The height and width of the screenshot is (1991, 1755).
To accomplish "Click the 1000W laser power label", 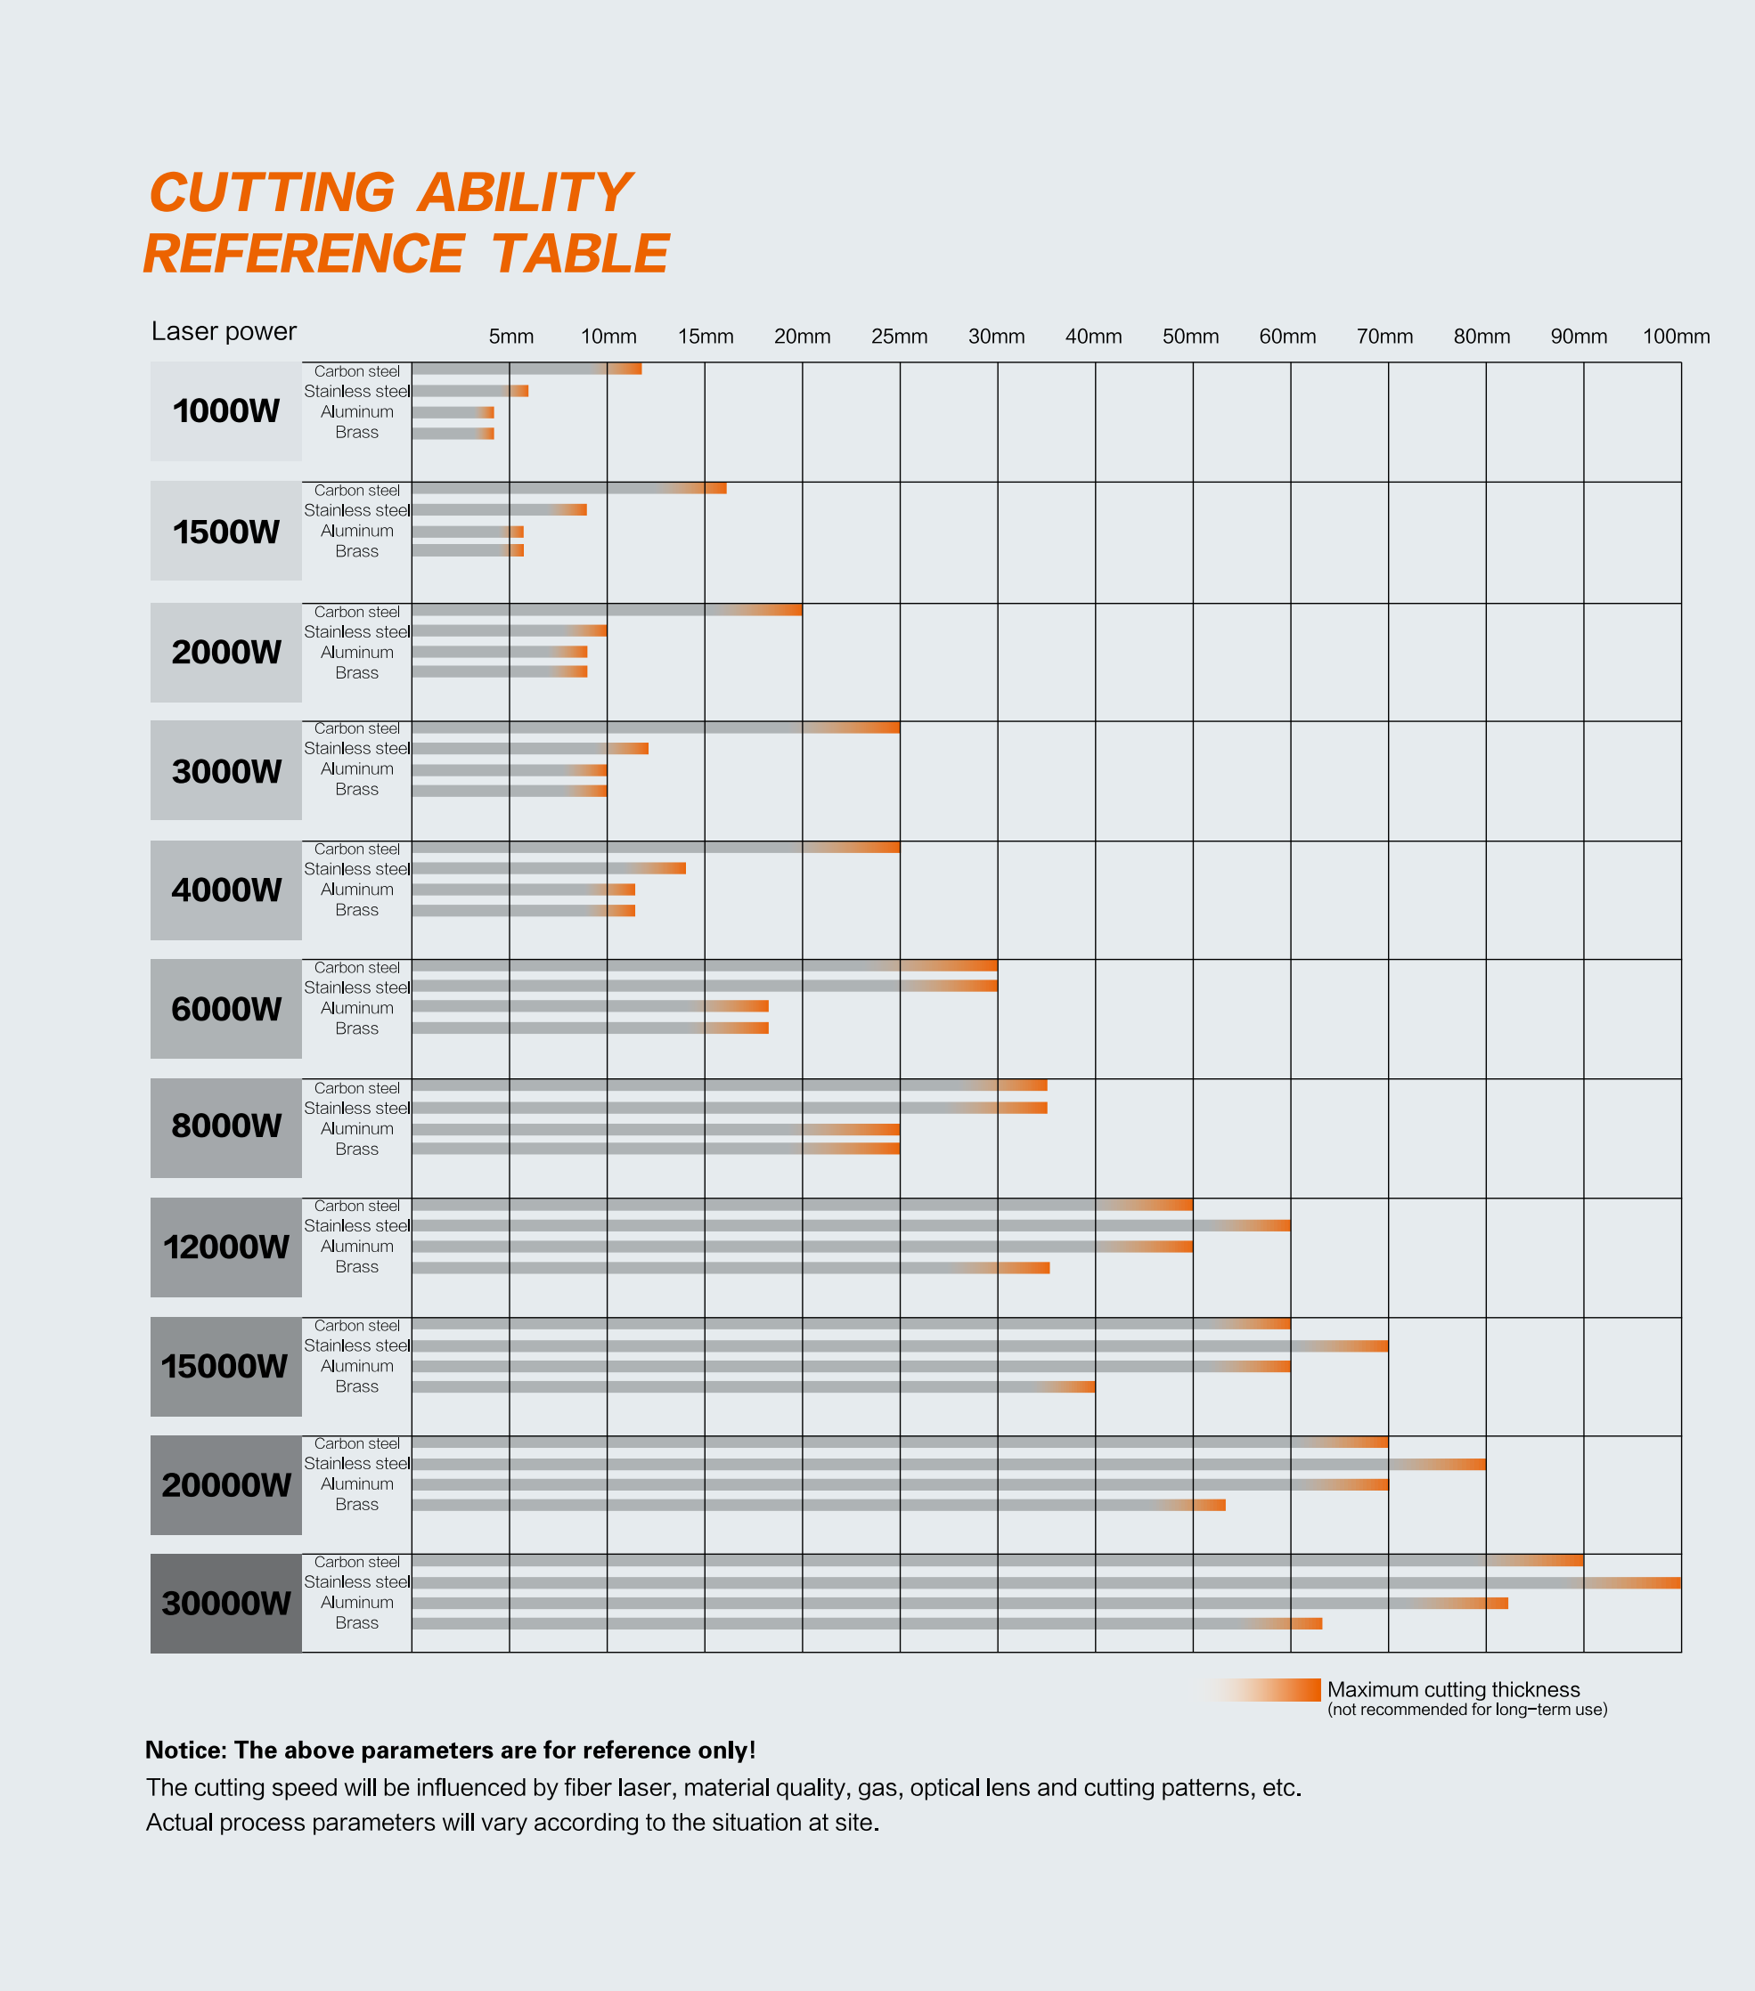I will pyautogui.click(x=226, y=411).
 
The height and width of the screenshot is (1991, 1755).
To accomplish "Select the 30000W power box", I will pyautogui.click(x=226, y=1604).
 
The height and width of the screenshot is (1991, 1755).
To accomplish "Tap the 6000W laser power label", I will pyautogui.click(x=226, y=1009).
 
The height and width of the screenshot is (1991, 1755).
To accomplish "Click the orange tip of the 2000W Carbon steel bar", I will pyautogui.click(x=789, y=611).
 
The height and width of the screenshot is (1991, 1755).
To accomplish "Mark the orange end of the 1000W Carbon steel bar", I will pyautogui.click(x=631, y=370).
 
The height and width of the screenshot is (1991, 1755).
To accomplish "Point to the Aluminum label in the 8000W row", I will pyautogui.click(x=356, y=1129).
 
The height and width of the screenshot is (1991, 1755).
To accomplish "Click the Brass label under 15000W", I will pyautogui.click(x=356, y=1386).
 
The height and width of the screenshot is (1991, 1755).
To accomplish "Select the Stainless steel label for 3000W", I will pyautogui.click(x=356, y=748).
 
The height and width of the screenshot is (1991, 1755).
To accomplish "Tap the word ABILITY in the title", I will pyautogui.click(x=524, y=193).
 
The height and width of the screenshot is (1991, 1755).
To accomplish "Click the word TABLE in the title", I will pyautogui.click(x=580, y=255).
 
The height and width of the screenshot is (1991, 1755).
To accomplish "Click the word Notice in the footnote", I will pyautogui.click(x=184, y=1751).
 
